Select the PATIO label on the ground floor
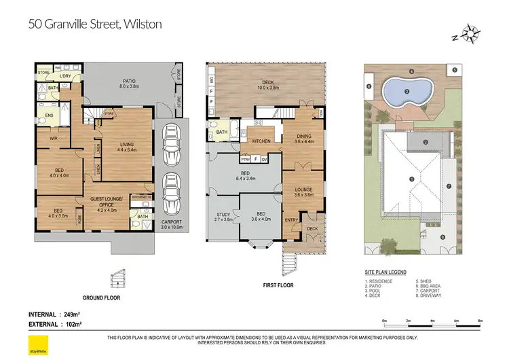tap(129, 83)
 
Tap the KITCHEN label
tap(261, 141)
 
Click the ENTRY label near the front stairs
tap(290, 220)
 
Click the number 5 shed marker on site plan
tap(455, 69)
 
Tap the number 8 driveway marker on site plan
tap(442, 237)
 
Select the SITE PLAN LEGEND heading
tap(386, 272)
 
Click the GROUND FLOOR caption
tap(102, 298)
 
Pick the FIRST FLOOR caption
tap(278, 285)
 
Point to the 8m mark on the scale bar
tap(480, 320)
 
